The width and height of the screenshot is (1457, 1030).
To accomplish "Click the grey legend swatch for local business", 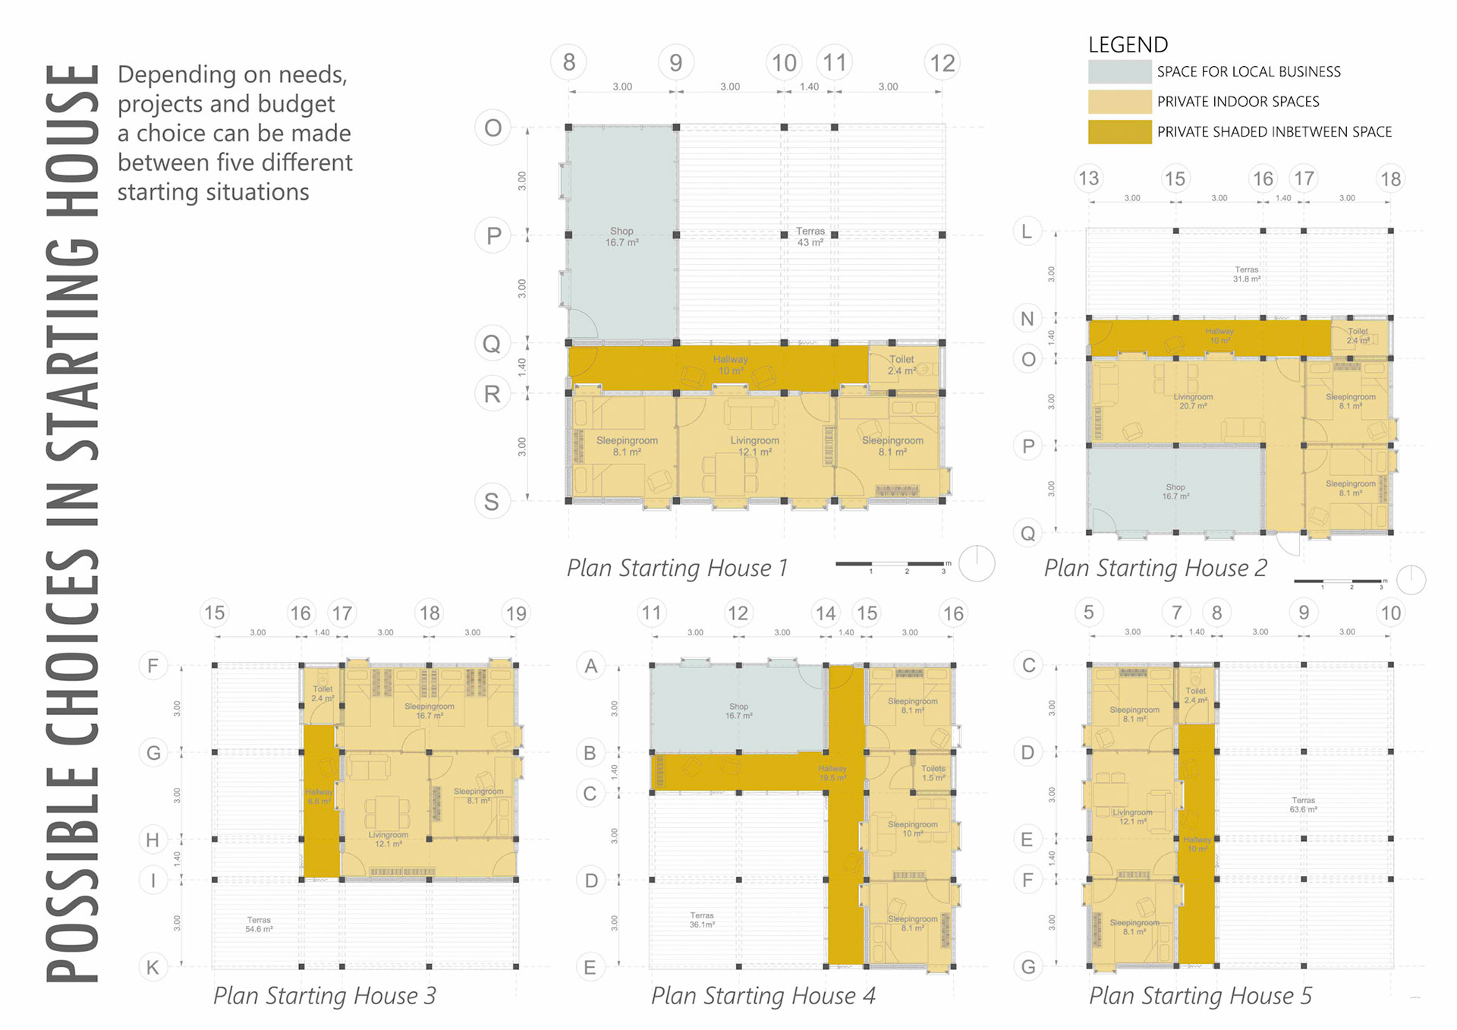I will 1119,71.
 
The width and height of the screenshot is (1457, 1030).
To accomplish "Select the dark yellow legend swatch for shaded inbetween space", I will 1119,131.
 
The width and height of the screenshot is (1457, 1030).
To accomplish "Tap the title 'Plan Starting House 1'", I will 677,568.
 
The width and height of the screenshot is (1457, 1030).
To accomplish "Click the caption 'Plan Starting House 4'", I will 763,995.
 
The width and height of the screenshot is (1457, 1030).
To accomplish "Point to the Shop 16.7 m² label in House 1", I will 622,237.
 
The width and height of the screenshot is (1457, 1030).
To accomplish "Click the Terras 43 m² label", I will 810,237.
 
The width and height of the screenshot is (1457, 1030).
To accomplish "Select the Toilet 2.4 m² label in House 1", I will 902,365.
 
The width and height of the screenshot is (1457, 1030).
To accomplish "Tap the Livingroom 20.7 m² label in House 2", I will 1193,402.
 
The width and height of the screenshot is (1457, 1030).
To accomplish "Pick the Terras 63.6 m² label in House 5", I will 1303,805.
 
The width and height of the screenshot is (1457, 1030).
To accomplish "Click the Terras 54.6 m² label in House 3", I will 259,924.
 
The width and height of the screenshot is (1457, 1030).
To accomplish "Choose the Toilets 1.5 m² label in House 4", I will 933,773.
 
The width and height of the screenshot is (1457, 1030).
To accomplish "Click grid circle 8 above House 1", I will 569,62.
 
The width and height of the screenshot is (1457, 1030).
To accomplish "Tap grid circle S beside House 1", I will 492,502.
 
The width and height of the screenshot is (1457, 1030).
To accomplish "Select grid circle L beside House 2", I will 1027,232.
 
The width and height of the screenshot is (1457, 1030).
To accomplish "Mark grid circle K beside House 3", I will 153,967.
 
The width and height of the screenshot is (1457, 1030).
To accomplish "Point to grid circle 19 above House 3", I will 516,613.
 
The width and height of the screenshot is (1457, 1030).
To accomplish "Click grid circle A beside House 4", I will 590,666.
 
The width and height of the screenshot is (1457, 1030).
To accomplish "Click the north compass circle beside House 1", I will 977,563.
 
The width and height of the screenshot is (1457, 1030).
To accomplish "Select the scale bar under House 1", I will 889,564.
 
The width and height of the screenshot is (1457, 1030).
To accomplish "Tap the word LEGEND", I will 1128,45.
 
